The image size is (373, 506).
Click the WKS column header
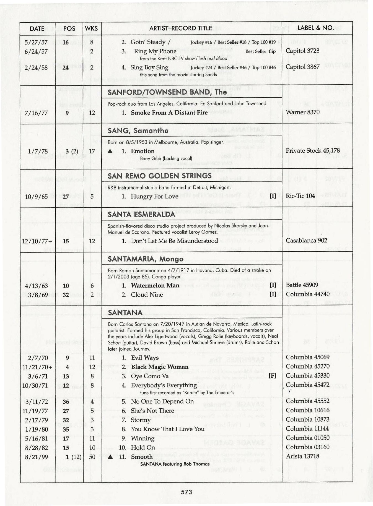(x=92, y=28)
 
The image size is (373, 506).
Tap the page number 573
(x=186, y=492)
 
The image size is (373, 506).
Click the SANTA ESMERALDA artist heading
(x=141, y=214)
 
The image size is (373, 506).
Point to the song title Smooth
(x=142, y=457)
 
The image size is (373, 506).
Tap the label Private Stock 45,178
(x=313, y=151)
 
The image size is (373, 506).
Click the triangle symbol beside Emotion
(x=110, y=151)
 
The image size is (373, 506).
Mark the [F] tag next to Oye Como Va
(x=273, y=376)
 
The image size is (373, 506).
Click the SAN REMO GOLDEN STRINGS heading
(x=160, y=176)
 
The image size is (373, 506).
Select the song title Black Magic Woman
(x=160, y=367)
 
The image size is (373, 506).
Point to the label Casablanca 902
(x=306, y=241)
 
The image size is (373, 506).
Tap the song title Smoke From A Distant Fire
(x=169, y=113)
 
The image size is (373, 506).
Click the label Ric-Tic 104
(x=300, y=196)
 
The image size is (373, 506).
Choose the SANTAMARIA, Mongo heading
(x=145, y=259)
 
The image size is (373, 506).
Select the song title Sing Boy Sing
(x=149, y=67)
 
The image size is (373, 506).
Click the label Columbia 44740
(x=308, y=294)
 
